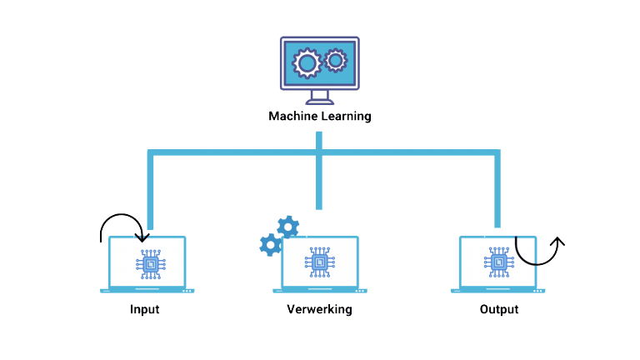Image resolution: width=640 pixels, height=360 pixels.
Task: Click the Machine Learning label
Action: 319,117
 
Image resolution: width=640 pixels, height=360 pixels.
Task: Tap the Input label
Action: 144,309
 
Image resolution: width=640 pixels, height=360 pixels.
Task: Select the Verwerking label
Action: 319,309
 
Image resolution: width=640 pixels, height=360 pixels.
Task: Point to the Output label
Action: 498,309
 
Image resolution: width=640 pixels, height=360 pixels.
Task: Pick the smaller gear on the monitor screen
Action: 336,59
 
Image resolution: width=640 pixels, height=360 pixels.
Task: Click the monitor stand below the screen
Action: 319,97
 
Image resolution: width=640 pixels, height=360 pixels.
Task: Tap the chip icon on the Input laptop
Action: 150,263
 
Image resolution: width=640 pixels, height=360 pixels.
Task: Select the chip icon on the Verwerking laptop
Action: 320,263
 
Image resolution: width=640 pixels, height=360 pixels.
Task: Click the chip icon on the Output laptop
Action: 498,263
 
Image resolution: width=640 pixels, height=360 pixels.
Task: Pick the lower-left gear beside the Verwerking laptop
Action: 270,244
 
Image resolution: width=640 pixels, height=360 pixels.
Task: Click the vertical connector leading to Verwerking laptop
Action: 319,183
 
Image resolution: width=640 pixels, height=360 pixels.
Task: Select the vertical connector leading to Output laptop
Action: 497,192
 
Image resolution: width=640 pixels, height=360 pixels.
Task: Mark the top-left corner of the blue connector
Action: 150,153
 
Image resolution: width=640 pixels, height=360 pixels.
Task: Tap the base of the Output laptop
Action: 497,291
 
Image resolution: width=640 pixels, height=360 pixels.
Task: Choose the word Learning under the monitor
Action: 346,117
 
